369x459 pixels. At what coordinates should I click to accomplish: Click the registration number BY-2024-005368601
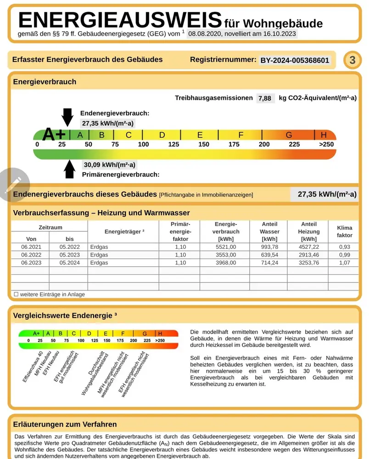tap(295, 60)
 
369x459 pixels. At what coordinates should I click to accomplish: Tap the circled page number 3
tap(352, 60)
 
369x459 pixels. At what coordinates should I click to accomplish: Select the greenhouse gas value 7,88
tap(265, 98)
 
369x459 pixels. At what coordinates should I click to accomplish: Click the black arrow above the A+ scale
tap(67, 117)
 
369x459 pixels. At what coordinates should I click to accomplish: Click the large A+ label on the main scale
tap(54, 134)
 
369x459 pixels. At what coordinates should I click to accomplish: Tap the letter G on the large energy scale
tap(289, 135)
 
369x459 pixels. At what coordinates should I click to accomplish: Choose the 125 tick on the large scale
tap(173, 145)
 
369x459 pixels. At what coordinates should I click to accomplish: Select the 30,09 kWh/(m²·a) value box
tap(109, 165)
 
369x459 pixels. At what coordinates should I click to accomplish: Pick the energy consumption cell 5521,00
tap(225, 246)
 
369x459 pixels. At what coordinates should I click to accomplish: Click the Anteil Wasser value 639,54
tap(269, 255)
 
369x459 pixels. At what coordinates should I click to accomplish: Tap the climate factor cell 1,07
tap(344, 263)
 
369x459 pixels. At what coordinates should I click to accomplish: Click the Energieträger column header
tap(124, 232)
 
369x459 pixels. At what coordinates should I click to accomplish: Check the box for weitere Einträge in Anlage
tap(16, 294)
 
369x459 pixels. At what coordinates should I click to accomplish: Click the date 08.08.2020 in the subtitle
tap(204, 34)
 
